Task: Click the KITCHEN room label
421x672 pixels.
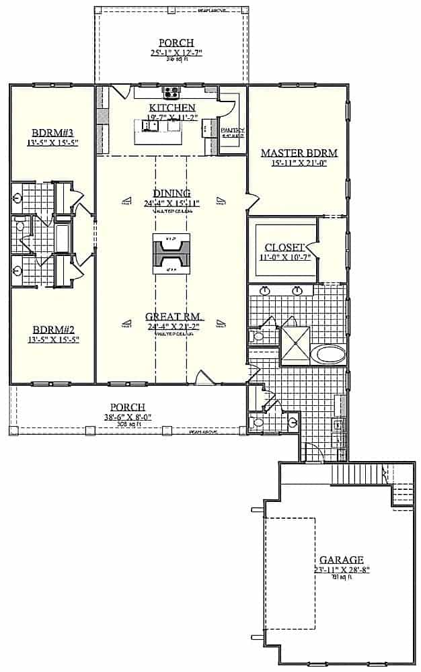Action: click(x=171, y=108)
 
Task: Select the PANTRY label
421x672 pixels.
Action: click(x=232, y=129)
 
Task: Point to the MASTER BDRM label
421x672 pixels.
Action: click(x=299, y=153)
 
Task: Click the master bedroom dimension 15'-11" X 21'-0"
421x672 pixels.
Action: click(x=299, y=163)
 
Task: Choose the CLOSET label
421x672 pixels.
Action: click(x=284, y=247)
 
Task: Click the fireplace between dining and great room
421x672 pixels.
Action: click(x=171, y=253)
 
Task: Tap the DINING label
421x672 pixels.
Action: click(x=171, y=193)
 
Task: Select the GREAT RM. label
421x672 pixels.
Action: click(x=175, y=317)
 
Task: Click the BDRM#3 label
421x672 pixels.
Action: click(x=52, y=132)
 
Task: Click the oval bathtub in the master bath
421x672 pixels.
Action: click(x=330, y=353)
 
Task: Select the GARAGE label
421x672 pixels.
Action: click(x=342, y=559)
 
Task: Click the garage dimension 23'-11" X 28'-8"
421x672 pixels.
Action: click(x=342, y=569)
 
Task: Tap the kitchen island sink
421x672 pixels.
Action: click(x=151, y=125)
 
